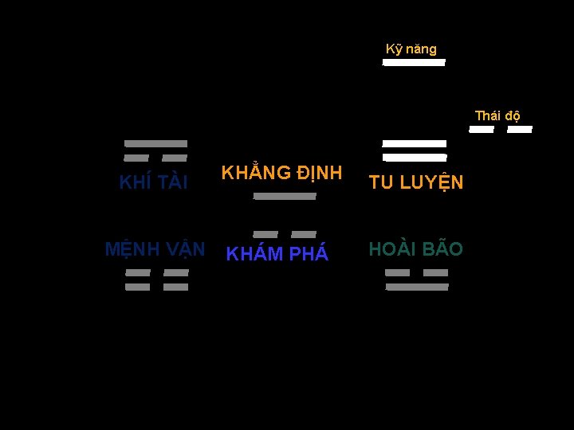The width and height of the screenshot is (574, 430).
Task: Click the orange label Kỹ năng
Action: point(411,49)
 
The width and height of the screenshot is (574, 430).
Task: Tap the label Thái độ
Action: point(498,116)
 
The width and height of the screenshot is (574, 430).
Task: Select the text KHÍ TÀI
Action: point(153,182)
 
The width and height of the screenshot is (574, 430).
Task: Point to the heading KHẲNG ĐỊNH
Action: point(281,173)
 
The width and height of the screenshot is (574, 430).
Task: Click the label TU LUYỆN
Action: point(415,182)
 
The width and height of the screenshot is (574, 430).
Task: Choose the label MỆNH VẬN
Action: point(155,249)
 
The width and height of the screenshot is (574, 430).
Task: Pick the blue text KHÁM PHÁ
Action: point(277,254)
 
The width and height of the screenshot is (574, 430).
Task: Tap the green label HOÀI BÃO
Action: point(415,249)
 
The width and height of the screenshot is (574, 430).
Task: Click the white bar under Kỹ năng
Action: point(414,63)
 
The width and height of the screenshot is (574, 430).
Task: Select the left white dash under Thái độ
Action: point(482,129)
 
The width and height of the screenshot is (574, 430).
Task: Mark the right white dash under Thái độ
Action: point(519,129)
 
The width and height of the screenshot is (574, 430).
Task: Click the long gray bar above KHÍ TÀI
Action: point(155,144)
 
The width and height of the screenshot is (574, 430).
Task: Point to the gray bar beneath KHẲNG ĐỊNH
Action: point(285,196)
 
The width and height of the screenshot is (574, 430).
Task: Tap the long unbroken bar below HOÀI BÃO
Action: point(417,287)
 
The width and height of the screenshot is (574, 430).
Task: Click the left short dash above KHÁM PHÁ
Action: point(265,234)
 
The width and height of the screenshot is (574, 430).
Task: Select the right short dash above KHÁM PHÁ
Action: point(304,234)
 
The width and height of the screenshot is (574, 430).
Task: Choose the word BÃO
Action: point(442,249)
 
